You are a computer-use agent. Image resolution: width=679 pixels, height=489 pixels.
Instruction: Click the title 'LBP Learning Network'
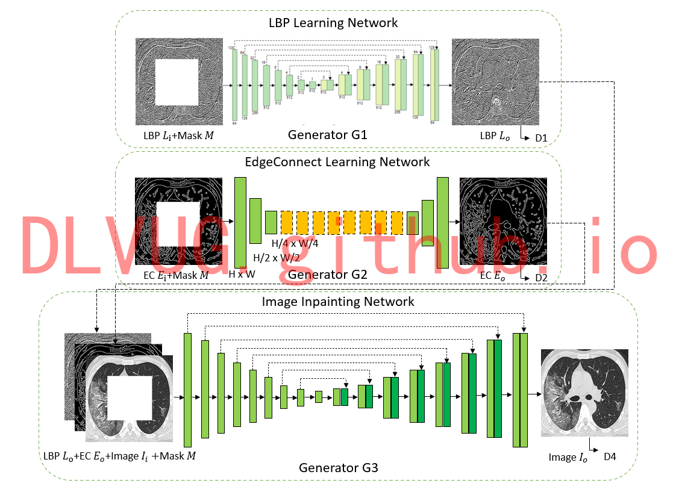pos(333,23)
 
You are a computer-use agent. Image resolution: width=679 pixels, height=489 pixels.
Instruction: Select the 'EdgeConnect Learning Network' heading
pos(337,161)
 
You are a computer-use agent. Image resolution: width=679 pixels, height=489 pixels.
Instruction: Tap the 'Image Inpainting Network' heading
pos(338,301)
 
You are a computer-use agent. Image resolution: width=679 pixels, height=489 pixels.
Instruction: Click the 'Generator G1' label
pos(327,134)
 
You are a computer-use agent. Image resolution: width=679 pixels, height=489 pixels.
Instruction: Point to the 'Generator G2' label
pos(327,275)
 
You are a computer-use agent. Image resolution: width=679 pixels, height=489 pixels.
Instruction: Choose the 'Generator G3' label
pos(338,467)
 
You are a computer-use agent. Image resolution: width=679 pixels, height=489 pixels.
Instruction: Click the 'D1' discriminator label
pos(541,139)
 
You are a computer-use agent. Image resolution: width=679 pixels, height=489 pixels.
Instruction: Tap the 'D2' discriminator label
pos(541,278)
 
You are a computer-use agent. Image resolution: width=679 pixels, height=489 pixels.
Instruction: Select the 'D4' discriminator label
pos(610,457)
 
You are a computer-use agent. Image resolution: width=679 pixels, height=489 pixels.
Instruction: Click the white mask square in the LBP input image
pos(177,82)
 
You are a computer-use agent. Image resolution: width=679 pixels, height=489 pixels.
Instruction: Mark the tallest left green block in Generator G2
pos(240,223)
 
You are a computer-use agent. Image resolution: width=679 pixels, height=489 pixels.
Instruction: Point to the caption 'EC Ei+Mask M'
pos(176,275)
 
